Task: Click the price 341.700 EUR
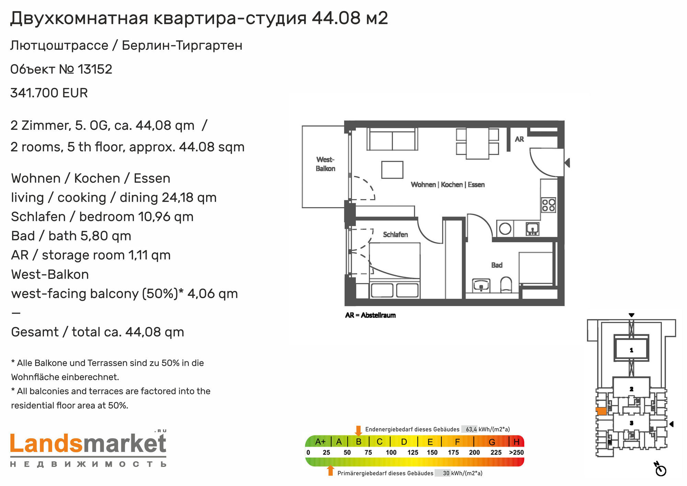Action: pos(49,93)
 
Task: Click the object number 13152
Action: pos(95,69)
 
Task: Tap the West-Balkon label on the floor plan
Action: pos(325,164)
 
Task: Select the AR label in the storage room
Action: pos(519,139)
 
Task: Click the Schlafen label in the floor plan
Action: pos(395,235)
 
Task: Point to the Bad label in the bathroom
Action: pos(497,265)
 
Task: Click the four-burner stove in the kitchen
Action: pos(549,205)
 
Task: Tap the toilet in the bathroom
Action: pos(506,285)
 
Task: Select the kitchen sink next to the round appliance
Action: pos(532,229)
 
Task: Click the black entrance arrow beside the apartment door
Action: pos(567,163)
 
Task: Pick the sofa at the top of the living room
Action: pos(392,139)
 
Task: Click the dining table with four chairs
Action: pos(477,144)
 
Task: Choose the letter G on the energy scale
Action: pos(492,442)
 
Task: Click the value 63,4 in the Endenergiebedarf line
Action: pos(471,429)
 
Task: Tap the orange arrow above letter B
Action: pos(358,431)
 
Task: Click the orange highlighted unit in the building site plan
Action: pos(601,411)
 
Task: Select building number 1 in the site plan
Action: pos(631,350)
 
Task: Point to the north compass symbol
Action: pos(660,469)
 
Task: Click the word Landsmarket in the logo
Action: pos(88,444)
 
